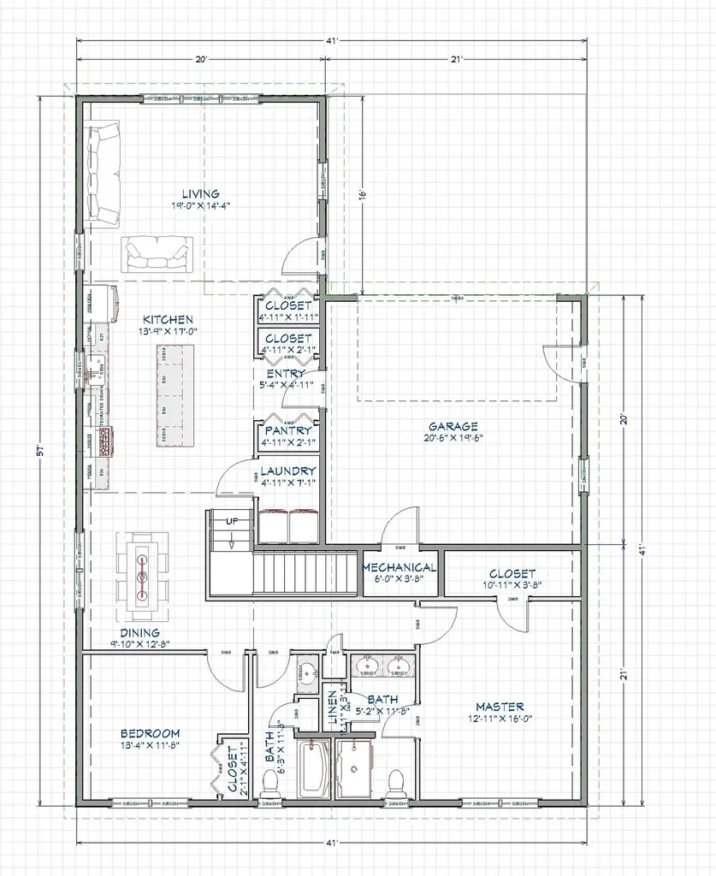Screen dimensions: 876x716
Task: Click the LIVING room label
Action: (200, 193)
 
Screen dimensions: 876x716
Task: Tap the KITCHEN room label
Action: (168, 318)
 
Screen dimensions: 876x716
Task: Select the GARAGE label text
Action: (453, 426)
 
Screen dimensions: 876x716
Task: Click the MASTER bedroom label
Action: (500, 707)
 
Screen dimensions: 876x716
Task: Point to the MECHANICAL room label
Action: (400, 567)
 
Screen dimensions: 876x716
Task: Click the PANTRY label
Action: (287, 430)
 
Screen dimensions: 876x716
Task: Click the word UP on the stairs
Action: (231, 521)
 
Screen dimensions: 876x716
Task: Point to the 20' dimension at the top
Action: (201, 59)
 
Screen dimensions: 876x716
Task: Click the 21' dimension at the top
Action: (456, 59)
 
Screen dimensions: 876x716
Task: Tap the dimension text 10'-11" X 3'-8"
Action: (512, 586)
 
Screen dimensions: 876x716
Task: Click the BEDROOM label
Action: (150, 733)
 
